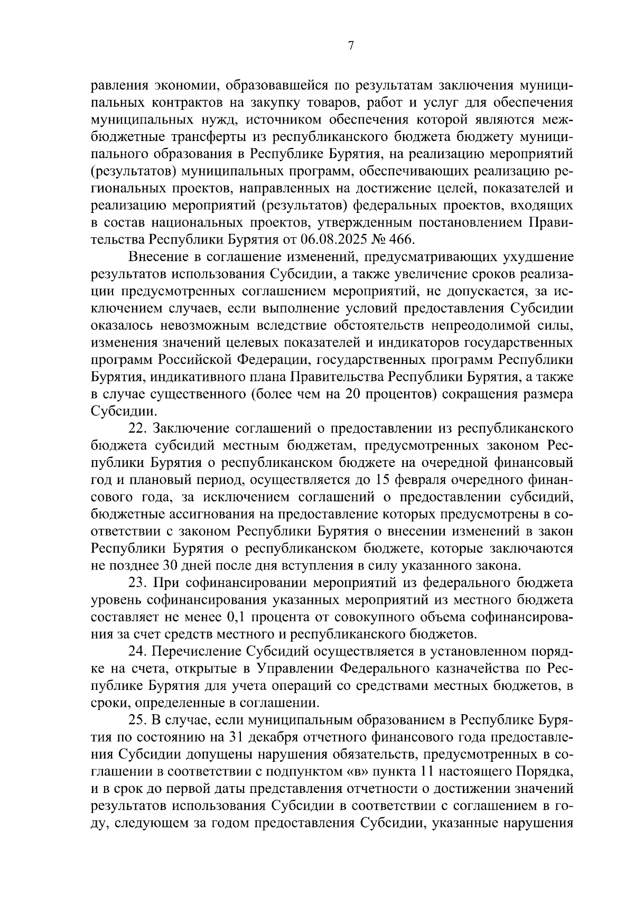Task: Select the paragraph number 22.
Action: click(137, 427)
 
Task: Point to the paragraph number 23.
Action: click(137, 583)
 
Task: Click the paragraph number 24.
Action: click(137, 652)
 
